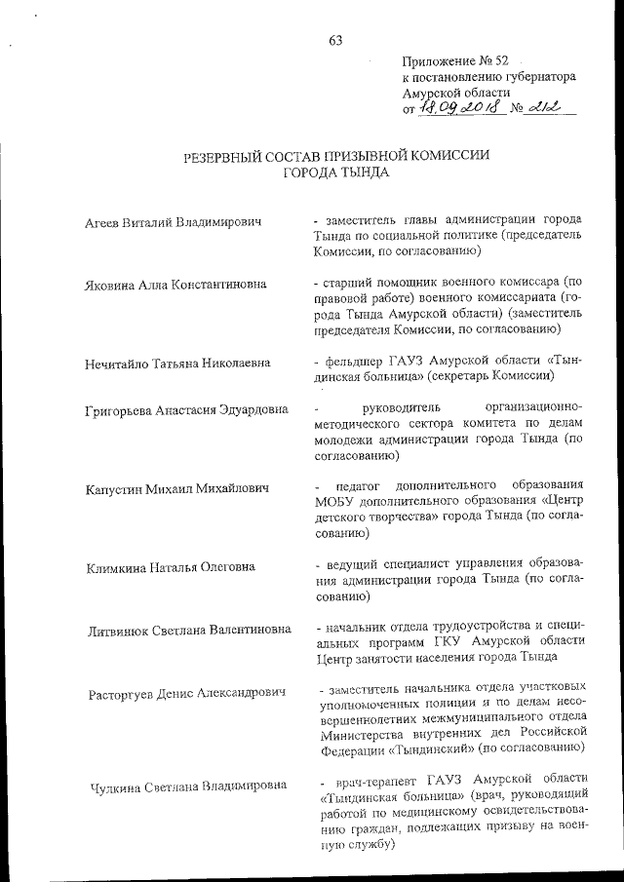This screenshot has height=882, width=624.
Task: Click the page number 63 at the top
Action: coord(335,40)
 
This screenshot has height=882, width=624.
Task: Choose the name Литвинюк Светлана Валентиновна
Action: coord(188,629)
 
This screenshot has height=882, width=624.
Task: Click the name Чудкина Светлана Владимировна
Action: coord(187,786)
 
